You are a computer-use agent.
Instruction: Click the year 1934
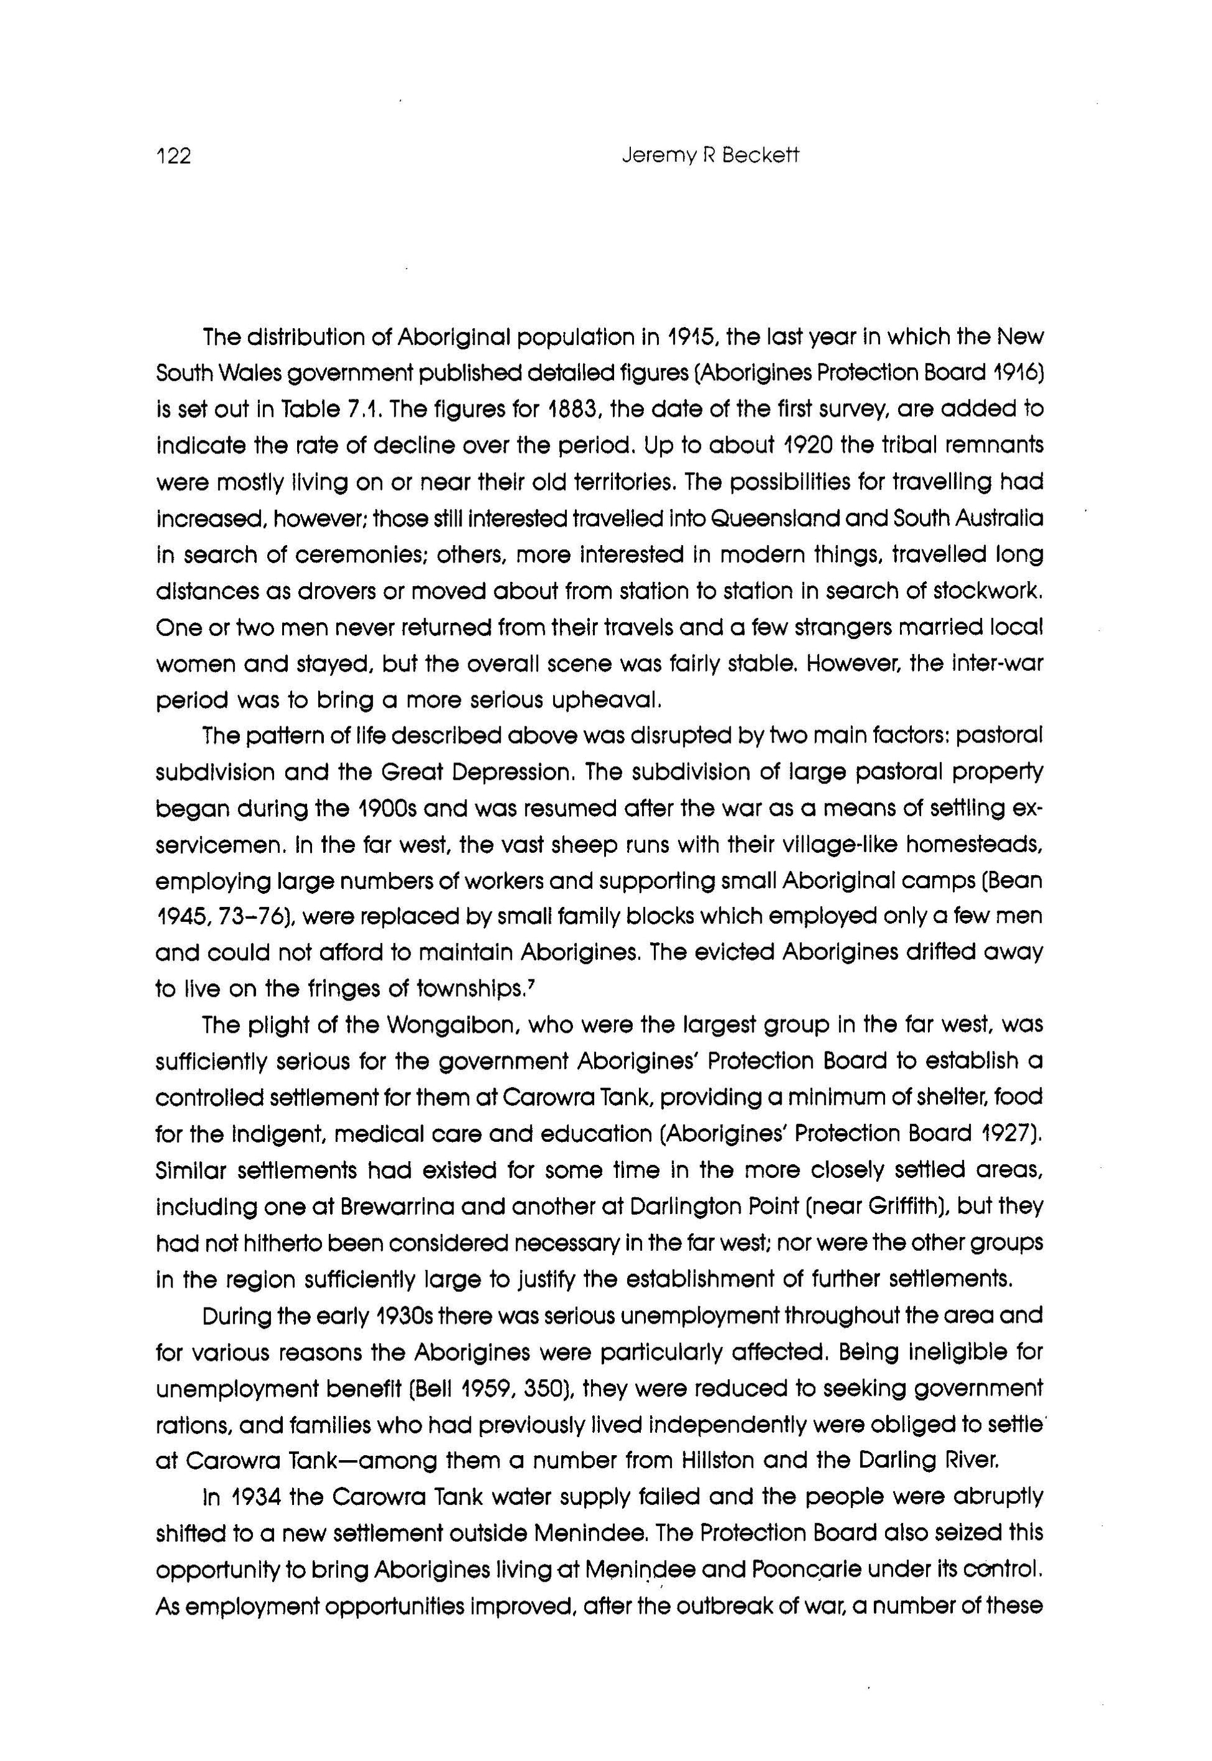[x=244, y=1497]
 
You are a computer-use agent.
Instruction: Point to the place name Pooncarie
[x=780, y=1570]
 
